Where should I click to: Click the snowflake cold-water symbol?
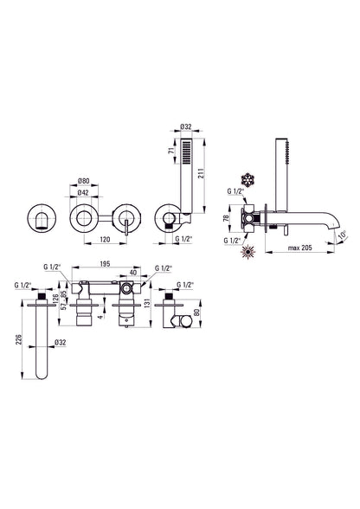pyautogui.click(x=247, y=181)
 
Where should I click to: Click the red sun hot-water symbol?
pyautogui.click(x=247, y=252)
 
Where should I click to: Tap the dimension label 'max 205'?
pyautogui.click(x=299, y=248)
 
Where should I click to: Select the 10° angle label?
pyautogui.click(x=343, y=235)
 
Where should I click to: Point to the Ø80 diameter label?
pyautogui.click(x=84, y=182)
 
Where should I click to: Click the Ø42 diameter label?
pyautogui.click(x=83, y=192)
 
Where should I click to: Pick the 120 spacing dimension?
pyautogui.click(x=105, y=240)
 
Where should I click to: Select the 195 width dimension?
pyautogui.click(x=105, y=263)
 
